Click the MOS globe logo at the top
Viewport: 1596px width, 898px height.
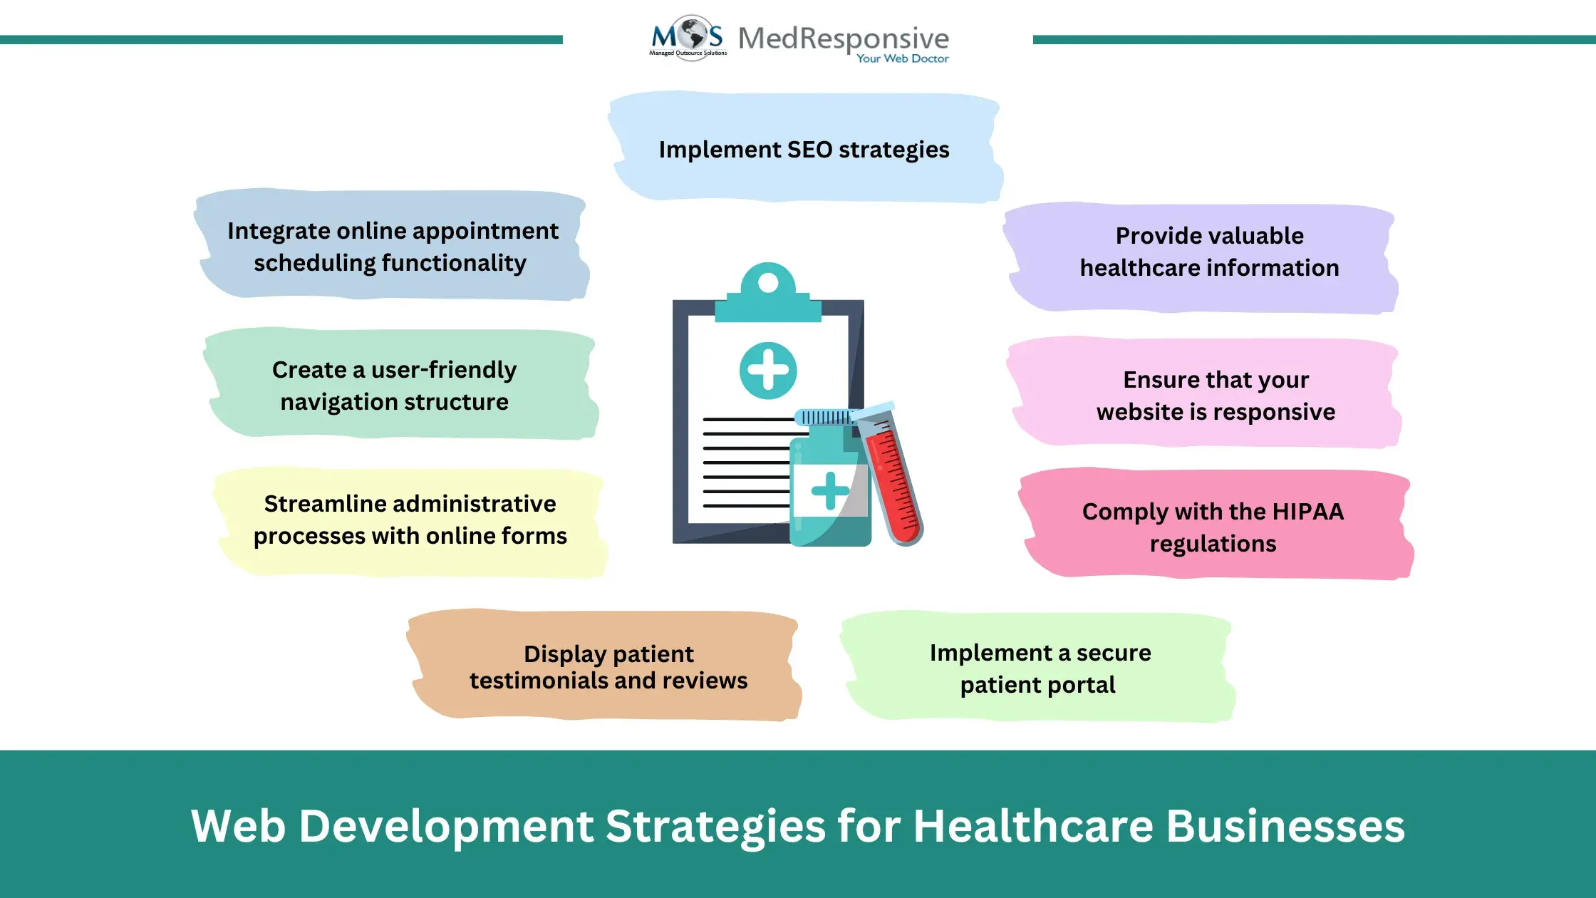688,38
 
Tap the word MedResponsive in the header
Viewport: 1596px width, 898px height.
844,38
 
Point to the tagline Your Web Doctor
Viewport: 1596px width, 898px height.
903,58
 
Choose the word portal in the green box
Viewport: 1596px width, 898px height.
1082,685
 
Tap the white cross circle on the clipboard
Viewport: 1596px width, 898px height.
768,371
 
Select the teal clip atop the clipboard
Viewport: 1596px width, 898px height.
768,293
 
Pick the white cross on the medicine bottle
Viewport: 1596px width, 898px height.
830,490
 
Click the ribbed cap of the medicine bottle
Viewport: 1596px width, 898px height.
826,417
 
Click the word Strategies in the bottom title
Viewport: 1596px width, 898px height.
715,827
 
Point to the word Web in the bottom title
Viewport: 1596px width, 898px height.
238,826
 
